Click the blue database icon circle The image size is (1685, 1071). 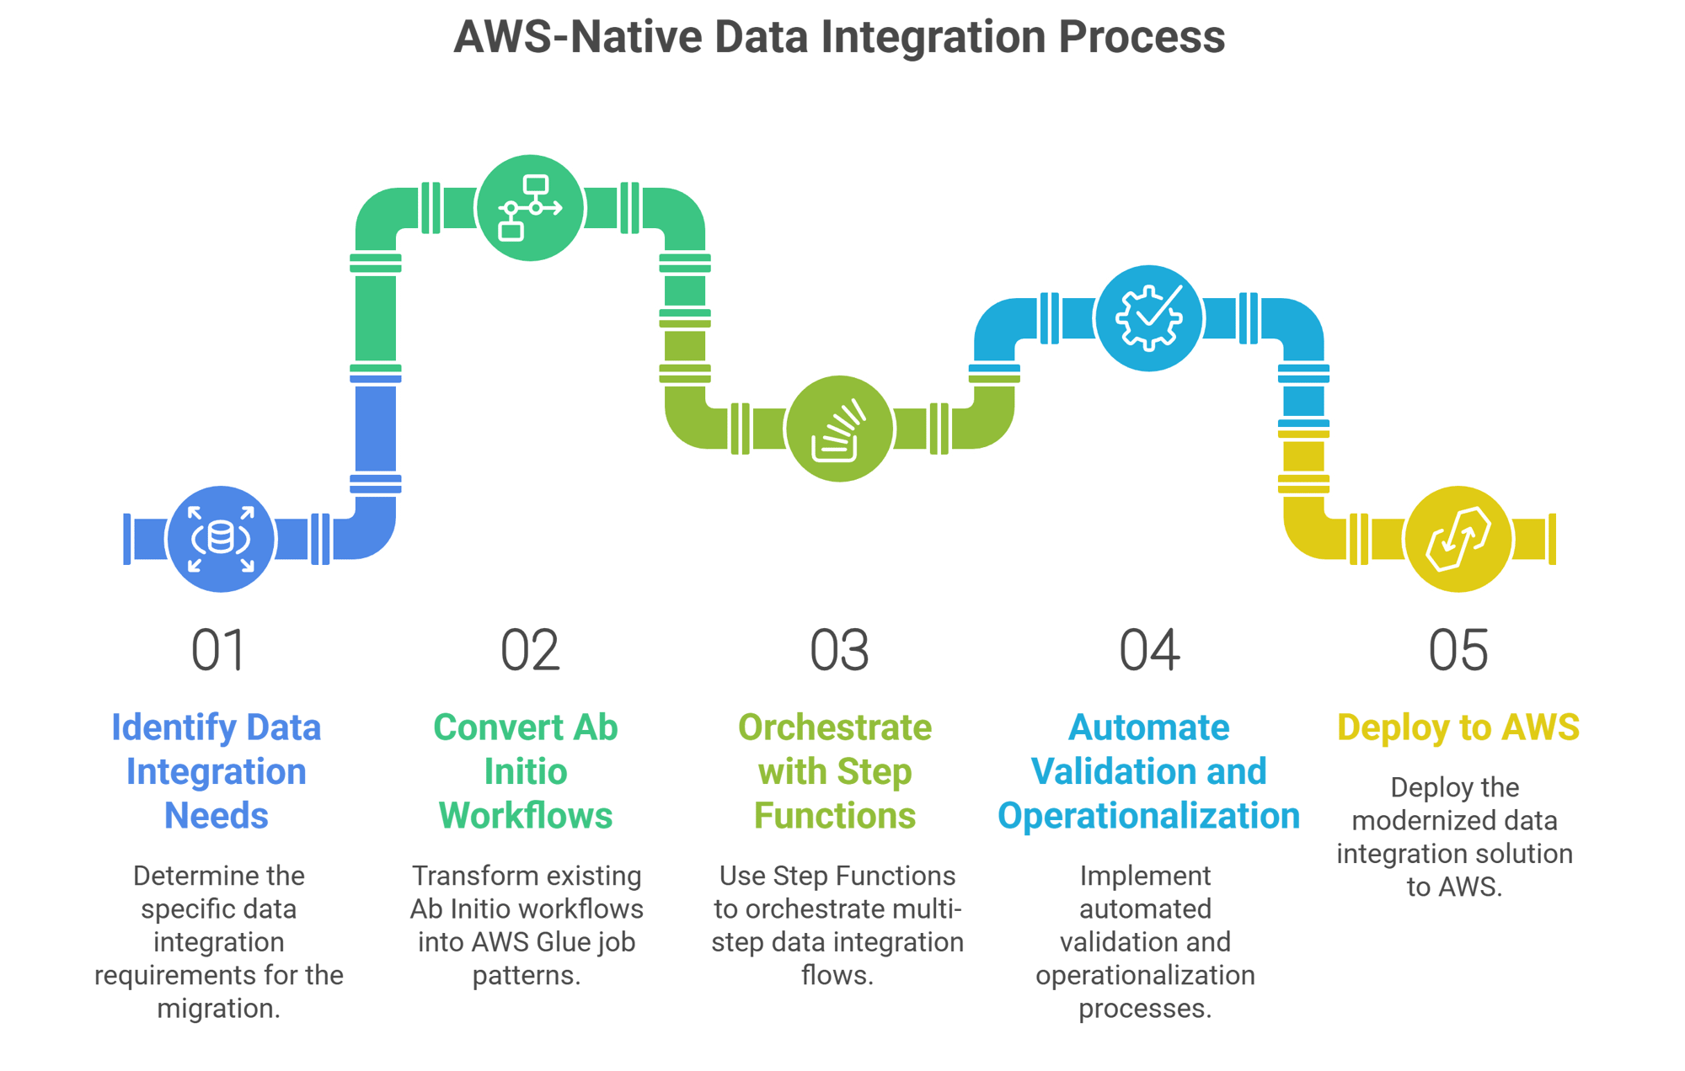click(x=221, y=538)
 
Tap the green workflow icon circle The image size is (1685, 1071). click(x=530, y=208)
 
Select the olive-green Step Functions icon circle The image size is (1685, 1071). click(x=839, y=429)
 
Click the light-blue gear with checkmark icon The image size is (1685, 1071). click(x=1148, y=317)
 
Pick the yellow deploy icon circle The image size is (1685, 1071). click(x=1458, y=538)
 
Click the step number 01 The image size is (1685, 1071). click(x=217, y=651)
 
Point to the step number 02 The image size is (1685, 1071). click(x=529, y=651)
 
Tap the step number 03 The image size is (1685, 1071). click(x=839, y=651)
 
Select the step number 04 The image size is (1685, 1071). click(x=1149, y=651)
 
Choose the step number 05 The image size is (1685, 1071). click(x=1458, y=651)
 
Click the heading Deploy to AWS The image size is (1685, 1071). click(x=1458, y=727)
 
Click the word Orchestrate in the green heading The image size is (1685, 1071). click(x=835, y=727)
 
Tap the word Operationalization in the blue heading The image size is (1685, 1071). click(x=1149, y=816)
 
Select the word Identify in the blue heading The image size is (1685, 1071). click(x=174, y=727)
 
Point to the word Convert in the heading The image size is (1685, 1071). click(x=498, y=727)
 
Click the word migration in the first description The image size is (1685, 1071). click(x=217, y=1008)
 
